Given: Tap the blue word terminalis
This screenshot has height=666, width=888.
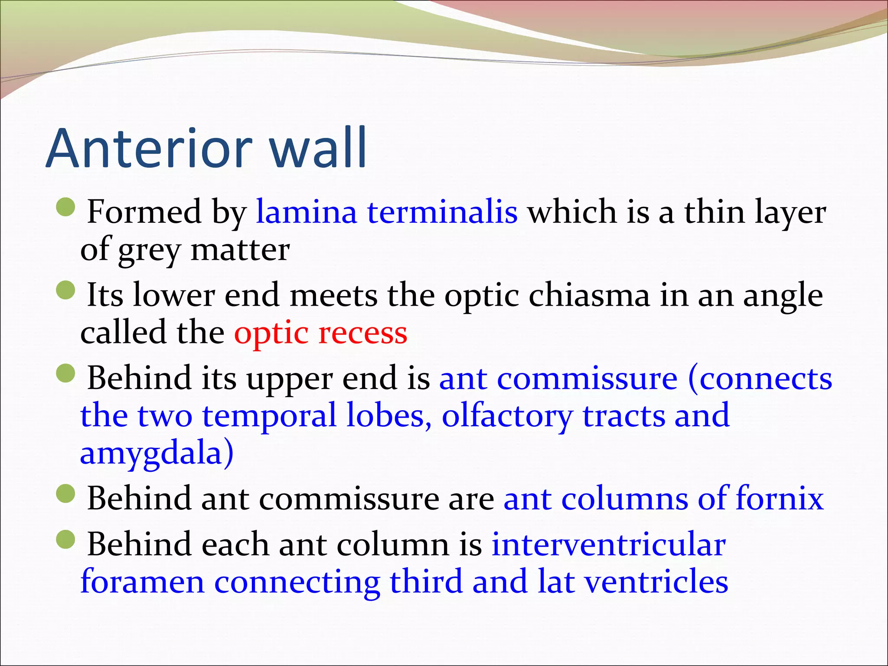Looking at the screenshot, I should coord(442,212).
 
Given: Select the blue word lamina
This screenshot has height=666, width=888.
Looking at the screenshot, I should coord(306,212).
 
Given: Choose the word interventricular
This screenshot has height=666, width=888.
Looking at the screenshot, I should coord(608,544).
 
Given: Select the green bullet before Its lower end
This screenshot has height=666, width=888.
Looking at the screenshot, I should coord(66,290).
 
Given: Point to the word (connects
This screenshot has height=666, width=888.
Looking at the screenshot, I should coord(760,379).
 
